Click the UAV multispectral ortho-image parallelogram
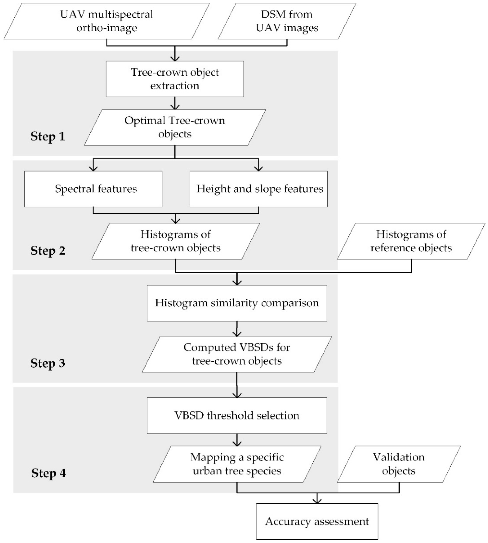pyautogui.click(x=107, y=21)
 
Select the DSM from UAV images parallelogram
pyautogui.click(x=287, y=21)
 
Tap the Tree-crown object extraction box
pyautogui.click(x=175, y=79)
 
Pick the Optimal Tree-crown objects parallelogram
pyautogui.click(x=175, y=127)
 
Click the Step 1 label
pyautogui.click(x=48, y=136)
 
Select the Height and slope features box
pyautogui.click(x=259, y=189)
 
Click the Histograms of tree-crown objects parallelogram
pyautogui.click(x=176, y=241)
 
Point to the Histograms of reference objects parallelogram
pyautogui.click(x=411, y=241)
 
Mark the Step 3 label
pyautogui.click(x=48, y=363)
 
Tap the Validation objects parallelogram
pyautogui.click(x=399, y=464)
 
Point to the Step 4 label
pyautogui.click(x=48, y=473)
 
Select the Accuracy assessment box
pyautogui.click(x=317, y=521)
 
